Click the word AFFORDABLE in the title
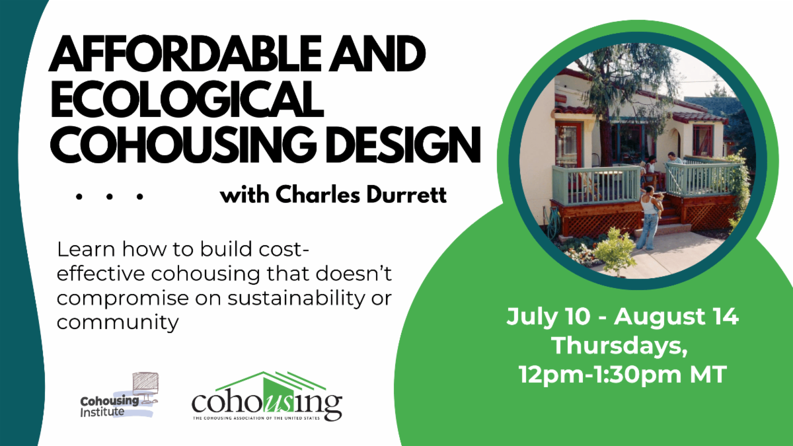185,54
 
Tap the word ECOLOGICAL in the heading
187,99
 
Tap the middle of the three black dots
110,196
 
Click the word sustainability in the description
296,299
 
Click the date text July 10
548,316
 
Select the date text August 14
677,316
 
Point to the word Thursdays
620,346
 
